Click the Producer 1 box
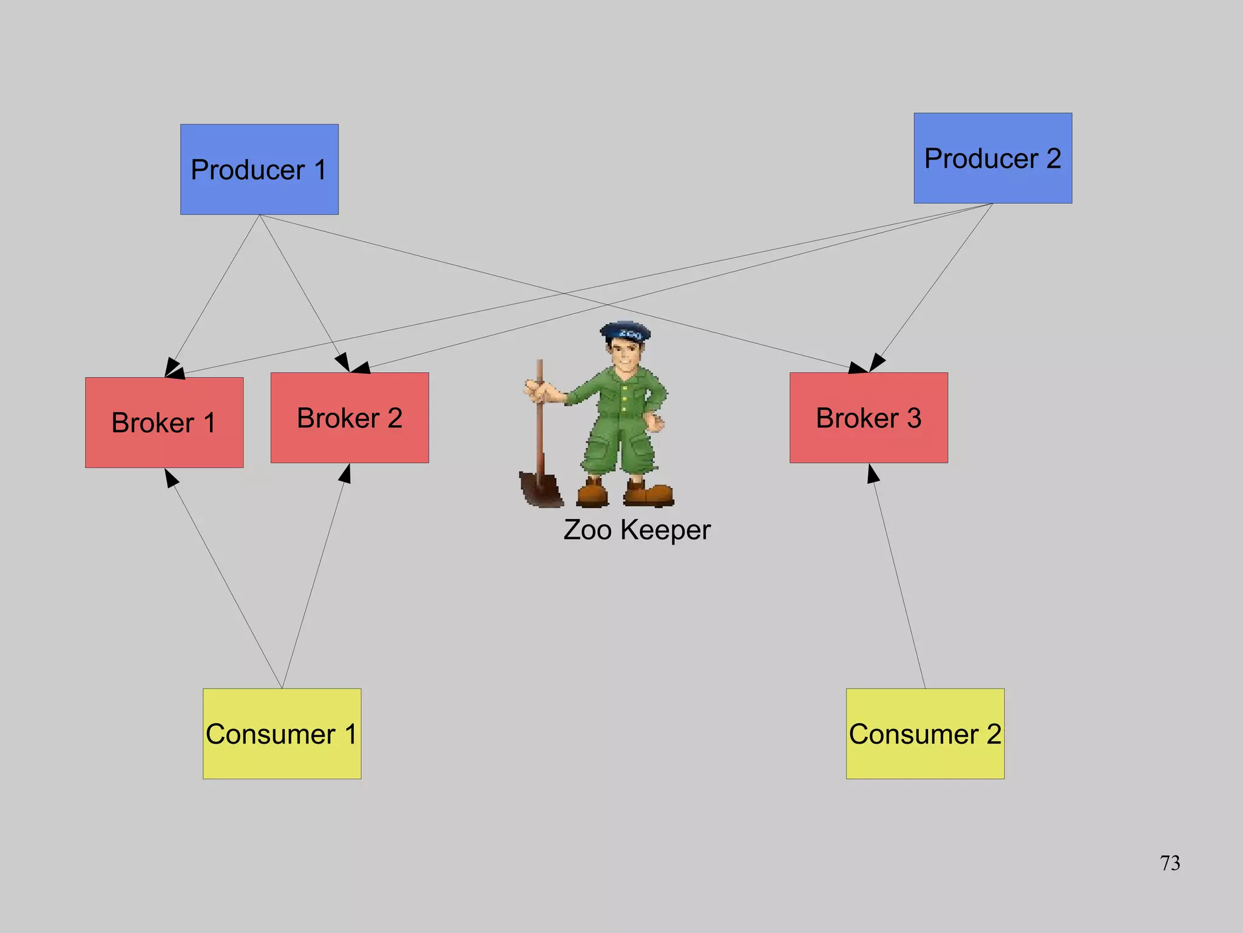(259, 169)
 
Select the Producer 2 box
(992, 158)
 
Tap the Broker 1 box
(164, 422)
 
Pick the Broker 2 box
(350, 418)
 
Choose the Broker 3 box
(869, 418)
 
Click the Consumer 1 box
(282, 733)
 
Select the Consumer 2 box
(925, 733)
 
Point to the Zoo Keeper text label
(637, 530)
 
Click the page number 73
(1170, 863)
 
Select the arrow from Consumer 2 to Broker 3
(899, 577)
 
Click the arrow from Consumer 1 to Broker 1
(225, 580)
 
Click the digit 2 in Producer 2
(1053, 158)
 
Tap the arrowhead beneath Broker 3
(872, 473)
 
